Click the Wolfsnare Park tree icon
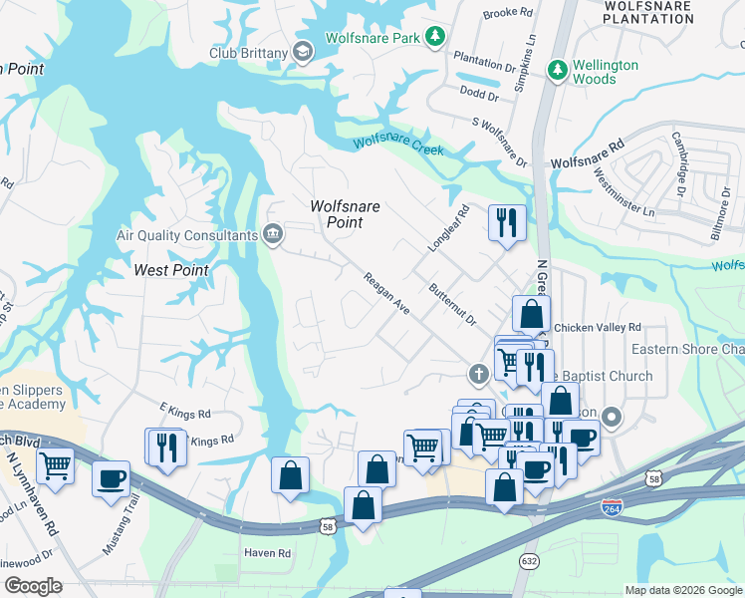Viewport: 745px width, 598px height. (x=434, y=37)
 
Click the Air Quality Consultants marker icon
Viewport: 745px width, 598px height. (x=272, y=235)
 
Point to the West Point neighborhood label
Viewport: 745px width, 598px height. (x=171, y=270)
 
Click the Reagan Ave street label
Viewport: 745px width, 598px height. (x=386, y=294)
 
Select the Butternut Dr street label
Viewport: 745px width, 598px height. (x=452, y=304)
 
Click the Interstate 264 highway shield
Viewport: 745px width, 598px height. (x=613, y=508)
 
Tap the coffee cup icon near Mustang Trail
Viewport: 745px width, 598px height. (x=111, y=477)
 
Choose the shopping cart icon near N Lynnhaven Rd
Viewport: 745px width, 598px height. (x=55, y=464)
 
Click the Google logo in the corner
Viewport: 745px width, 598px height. (x=32, y=586)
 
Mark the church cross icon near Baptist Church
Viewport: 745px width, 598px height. (x=478, y=375)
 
